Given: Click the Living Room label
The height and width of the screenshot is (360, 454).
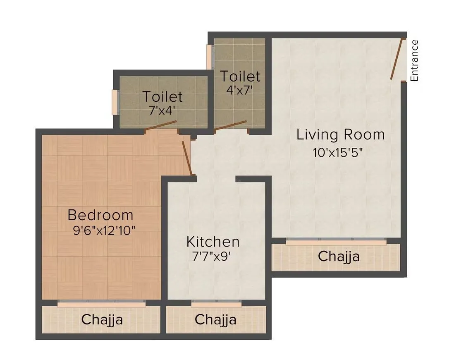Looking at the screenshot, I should pos(340,135).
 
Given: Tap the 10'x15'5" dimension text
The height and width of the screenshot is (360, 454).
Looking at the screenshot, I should pos(338,152).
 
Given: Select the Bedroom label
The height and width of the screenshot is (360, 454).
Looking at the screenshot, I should pos(100,215).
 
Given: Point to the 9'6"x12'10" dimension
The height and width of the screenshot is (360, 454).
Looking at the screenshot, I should pos(104,230).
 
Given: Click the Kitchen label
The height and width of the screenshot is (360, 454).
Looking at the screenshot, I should pos(213,242).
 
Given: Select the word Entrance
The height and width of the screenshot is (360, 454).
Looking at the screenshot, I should pos(414,60).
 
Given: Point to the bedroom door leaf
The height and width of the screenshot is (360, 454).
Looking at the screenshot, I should pos(187,158).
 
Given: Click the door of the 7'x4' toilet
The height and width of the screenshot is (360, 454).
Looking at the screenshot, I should pos(162,126).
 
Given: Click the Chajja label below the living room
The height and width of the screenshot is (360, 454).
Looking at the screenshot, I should pos(339,257).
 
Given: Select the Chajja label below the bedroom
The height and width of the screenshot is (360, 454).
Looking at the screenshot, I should pos(102,319).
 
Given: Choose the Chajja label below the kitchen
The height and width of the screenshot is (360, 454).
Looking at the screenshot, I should pos(215,319).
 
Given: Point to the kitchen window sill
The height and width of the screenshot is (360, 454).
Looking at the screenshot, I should pos(216,305).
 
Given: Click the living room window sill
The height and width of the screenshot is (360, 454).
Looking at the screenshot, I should pos(336,242).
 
